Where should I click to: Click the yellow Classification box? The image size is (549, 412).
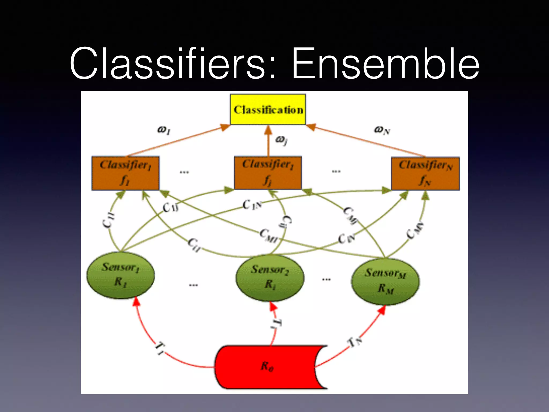pyautogui.click(x=268, y=109)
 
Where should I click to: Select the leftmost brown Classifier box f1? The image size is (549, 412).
pyautogui.click(x=125, y=173)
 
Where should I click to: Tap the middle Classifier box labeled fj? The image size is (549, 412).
pyautogui.click(x=268, y=173)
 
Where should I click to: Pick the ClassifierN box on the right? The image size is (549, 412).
pyautogui.click(x=425, y=174)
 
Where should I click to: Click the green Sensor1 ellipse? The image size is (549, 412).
pyautogui.click(x=120, y=275)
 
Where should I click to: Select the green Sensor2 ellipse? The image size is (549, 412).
pyautogui.click(x=270, y=277)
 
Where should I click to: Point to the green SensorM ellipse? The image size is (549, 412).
pyautogui.click(x=385, y=281)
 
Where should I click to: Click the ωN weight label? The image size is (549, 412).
pyautogui.click(x=382, y=130)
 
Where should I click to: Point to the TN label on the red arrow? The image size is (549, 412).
pyautogui.click(x=355, y=342)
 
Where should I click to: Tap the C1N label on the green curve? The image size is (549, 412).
pyautogui.click(x=252, y=205)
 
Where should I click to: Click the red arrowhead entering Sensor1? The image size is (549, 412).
pyautogui.click(x=137, y=302)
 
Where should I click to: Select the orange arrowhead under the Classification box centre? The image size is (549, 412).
pyautogui.click(x=268, y=130)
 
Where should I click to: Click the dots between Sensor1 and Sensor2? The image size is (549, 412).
pyautogui.click(x=193, y=285)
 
